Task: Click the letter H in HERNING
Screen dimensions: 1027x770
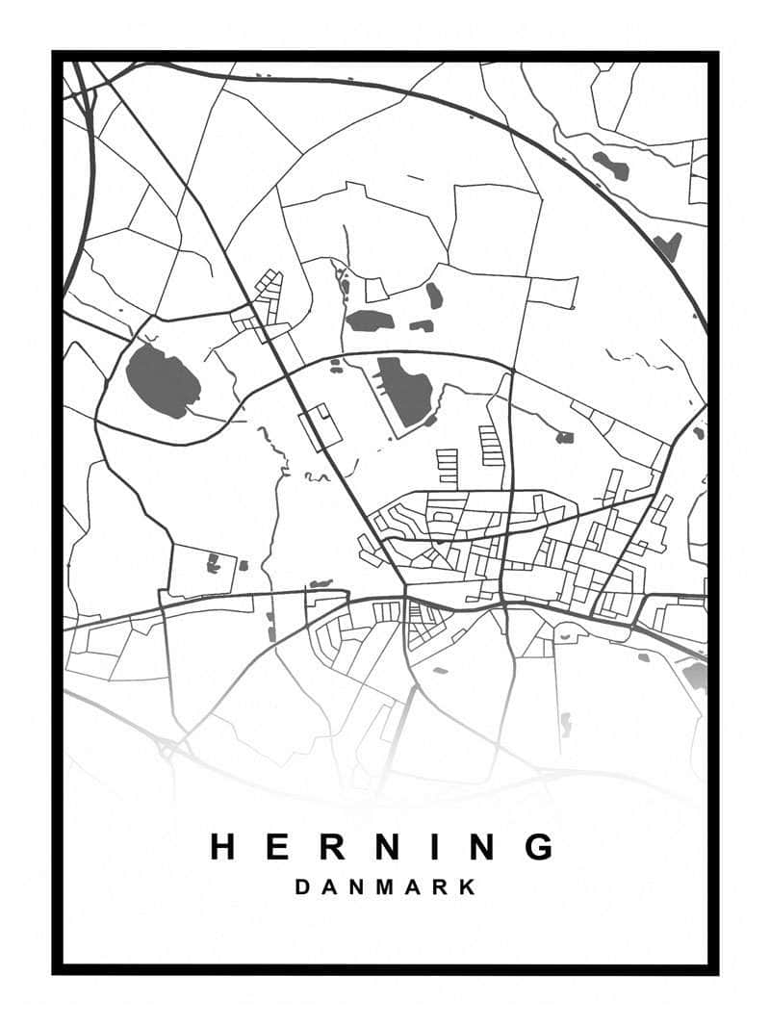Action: point(223,847)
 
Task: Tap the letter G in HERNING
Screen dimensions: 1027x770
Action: point(541,847)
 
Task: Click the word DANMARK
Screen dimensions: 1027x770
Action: point(385,886)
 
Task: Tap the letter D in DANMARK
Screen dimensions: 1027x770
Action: point(302,886)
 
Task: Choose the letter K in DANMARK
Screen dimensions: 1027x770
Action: point(468,886)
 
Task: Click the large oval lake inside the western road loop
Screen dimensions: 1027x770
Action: point(162,381)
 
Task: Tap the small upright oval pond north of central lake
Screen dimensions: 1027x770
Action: point(434,295)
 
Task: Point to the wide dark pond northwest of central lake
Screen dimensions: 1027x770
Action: point(370,321)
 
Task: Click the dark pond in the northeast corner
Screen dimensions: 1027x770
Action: point(611,166)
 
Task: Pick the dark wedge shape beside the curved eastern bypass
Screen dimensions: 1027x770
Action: point(667,246)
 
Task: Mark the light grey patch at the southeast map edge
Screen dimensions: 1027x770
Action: point(695,676)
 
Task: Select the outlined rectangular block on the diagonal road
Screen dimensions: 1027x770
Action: point(321,426)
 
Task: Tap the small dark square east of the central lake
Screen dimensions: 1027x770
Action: point(564,437)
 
